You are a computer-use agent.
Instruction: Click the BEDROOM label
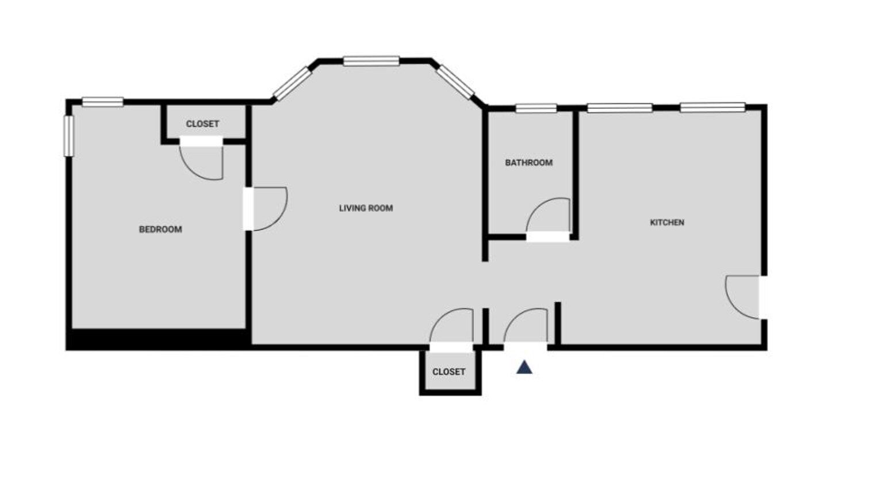(x=160, y=229)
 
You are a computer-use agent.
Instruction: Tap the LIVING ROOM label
(x=366, y=208)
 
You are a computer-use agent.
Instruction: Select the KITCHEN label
(x=667, y=222)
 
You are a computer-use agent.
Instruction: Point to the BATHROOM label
(x=528, y=162)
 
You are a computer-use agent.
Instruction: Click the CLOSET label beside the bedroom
(x=202, y=124)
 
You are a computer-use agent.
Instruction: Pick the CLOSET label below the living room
(x=448, y=372)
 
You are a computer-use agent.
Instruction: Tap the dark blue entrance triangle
(x=524, y=368)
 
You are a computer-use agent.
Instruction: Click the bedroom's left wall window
(x=68, y=136)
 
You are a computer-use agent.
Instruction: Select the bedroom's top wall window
(x=102, y=101)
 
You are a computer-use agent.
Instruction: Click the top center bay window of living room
(x=371, y=61)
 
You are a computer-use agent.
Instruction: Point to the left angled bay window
(x=292, y=83)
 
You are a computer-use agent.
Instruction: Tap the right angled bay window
(x=455, y=82)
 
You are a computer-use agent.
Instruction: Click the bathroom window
(x=536, y=108)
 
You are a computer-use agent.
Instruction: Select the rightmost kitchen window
(x=713, y=107)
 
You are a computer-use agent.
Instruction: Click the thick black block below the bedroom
(x=159, y=340)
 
